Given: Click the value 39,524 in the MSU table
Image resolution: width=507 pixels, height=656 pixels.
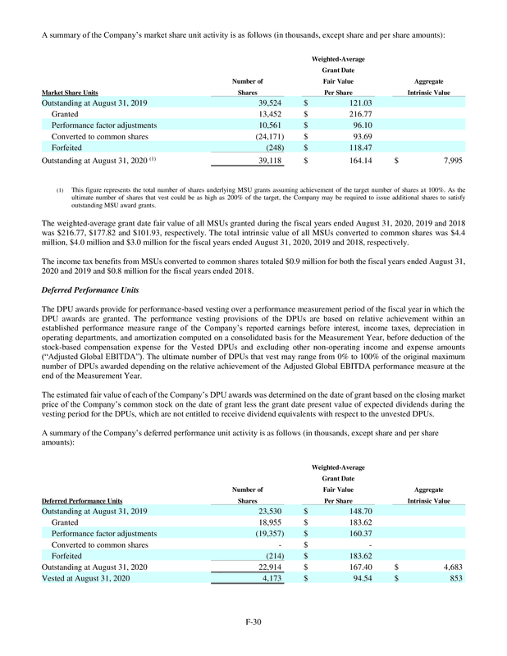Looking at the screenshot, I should [267, 104].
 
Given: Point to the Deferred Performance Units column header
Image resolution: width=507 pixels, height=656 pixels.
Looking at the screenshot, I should [82, 500].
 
